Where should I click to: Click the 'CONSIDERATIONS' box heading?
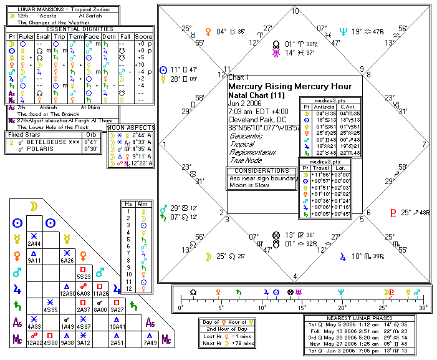(x=261, y=170)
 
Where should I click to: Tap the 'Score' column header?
(x=143, y=37)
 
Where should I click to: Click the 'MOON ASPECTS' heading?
(x=130, y=127)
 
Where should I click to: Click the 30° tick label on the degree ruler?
(x=423, y=308)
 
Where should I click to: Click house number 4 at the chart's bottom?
(x=295, y=276)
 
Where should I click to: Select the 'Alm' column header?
(x=143, y=203)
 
